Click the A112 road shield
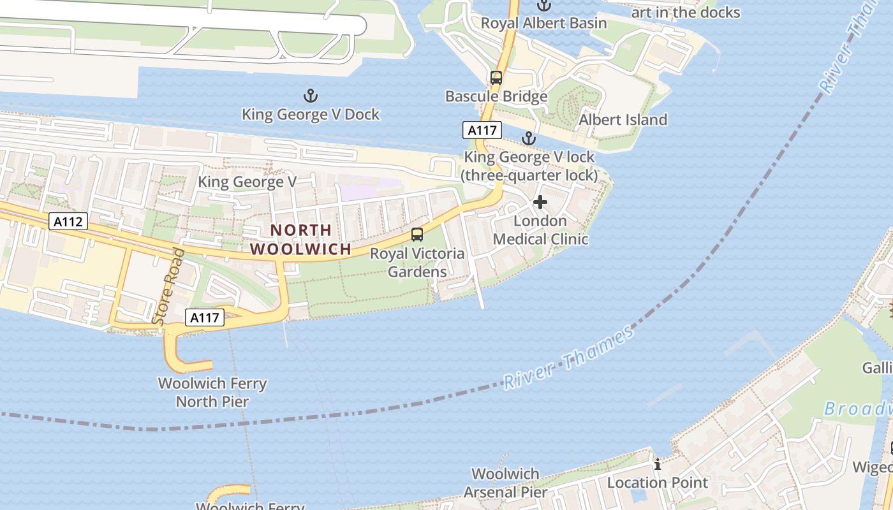pos(68,222)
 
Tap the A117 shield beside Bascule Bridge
pos(482,130)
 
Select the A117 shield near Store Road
pos(205,317)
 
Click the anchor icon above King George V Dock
pos(310,96)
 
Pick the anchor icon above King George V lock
pos(528,138)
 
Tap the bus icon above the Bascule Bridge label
pos(496,78)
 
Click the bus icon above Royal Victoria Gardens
pos(417,234)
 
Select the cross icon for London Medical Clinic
pos(540,203)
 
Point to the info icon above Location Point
pos(658,464)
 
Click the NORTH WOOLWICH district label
pos(300,239)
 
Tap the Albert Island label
pos(623,120)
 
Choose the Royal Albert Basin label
pos(543,24)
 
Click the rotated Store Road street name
pos(170,286)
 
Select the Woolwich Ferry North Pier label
pos(212,393)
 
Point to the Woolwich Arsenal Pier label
pos(505,483)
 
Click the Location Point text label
pos(657,483)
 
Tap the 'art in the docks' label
pos(685,12)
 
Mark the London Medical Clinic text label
pos(541,230)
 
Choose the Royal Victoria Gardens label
pos(417,263)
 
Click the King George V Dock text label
pos(311,115)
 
